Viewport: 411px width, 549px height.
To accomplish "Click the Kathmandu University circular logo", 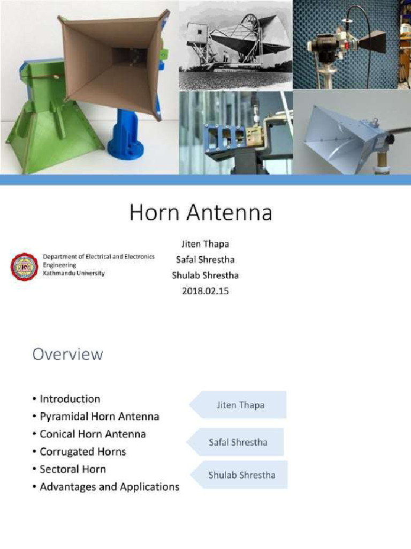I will (25, 266).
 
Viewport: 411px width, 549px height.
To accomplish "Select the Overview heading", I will (67, 354).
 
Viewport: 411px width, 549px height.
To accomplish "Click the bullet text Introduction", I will (70, 399).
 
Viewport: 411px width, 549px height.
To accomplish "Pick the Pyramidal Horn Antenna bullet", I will (99, 416).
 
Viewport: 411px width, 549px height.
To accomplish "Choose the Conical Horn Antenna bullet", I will (93, 434).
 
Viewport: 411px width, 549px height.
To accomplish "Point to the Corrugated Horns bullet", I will (82, 451).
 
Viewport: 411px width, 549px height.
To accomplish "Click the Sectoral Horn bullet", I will (73, 469).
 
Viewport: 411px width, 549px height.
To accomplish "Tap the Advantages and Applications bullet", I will (109, 487).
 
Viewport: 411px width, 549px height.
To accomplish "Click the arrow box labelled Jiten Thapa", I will (238, 405).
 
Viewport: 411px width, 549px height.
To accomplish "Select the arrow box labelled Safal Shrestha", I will (236, 442).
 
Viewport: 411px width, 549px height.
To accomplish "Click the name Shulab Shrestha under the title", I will (205, 276).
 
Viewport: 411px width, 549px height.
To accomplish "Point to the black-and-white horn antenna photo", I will (235, 44).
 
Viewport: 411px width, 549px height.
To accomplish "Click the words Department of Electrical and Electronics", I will (98, 257).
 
